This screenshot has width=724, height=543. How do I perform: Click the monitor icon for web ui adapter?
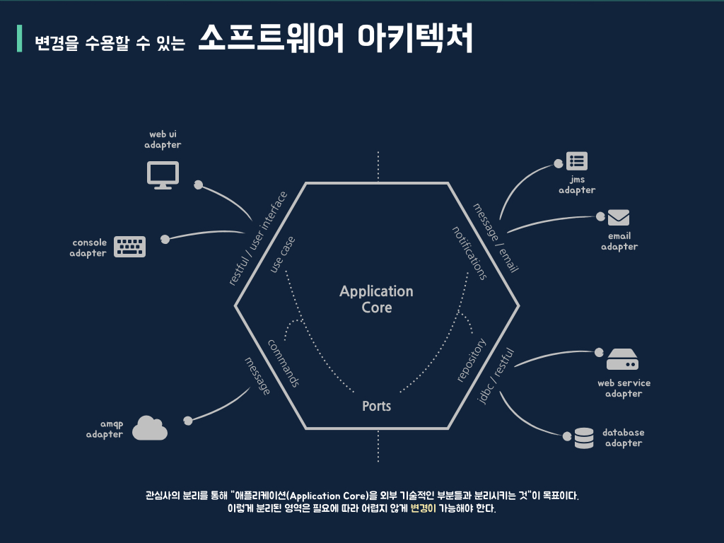[163, 175]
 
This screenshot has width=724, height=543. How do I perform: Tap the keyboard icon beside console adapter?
[130, 247]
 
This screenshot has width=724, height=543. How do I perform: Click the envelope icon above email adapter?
[619, 218]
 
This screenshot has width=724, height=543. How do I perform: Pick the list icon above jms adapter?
[577, 161]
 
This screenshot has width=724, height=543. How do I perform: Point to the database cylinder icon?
[584, 438]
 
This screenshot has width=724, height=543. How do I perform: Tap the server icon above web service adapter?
[622, 360]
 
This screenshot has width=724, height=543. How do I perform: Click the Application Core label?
[376, 299]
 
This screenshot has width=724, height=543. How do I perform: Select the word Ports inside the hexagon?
[376, 407]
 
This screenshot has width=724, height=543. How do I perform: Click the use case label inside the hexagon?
[283, 255]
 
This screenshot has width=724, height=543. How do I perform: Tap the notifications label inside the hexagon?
[469, 252]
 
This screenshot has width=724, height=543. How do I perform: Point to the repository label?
[472, 361]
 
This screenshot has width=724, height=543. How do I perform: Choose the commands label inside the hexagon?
[284, 363]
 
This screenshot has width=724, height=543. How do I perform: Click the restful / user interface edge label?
[258, 238]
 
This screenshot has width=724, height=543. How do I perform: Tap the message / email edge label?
[496, 238]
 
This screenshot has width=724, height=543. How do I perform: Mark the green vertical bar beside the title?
[20, 39]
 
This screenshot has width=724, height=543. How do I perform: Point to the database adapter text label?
[623, 438]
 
